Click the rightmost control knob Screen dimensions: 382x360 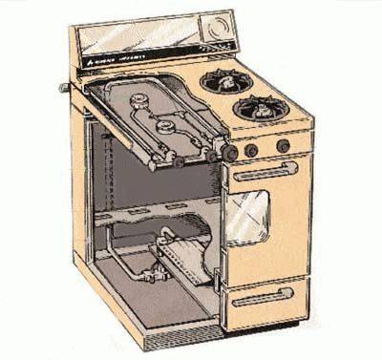[x=283, y=146]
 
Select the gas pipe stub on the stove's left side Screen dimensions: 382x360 [x=65, y=88]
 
